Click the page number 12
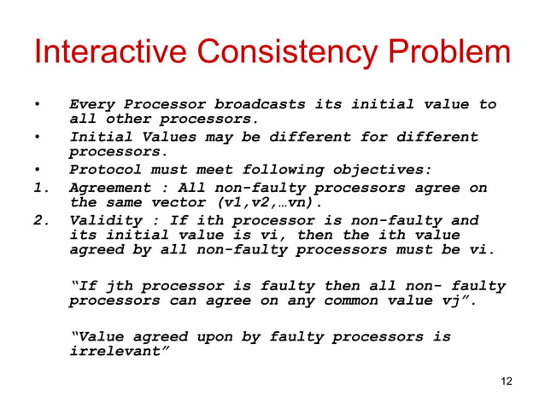(x=507, y=380)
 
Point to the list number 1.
(x=39, y=188)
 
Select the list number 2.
(x=39, y=220)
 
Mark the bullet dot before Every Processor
(x=37, y=105)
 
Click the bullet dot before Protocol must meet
(x=37, y=170)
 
